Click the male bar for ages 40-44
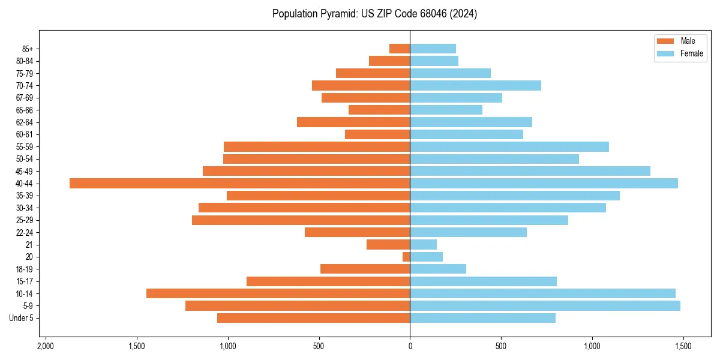coord(239,183)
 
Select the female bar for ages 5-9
coord(545,305)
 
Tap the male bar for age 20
coord(406,257)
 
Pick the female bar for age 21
coord(423,244)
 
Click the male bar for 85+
coord(400,49)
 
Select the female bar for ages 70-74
coord(475,85)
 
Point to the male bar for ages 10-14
coord(278,293)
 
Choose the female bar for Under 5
coord(482,318)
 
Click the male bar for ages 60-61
coord(377,134)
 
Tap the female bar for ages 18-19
coord(438,269)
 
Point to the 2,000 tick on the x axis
coord(46,347)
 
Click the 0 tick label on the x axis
coord(410,347)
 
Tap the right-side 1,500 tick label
coord(683,347)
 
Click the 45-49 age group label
coord(25,171)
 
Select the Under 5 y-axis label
coord(21,318)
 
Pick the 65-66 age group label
coord(25,110)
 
